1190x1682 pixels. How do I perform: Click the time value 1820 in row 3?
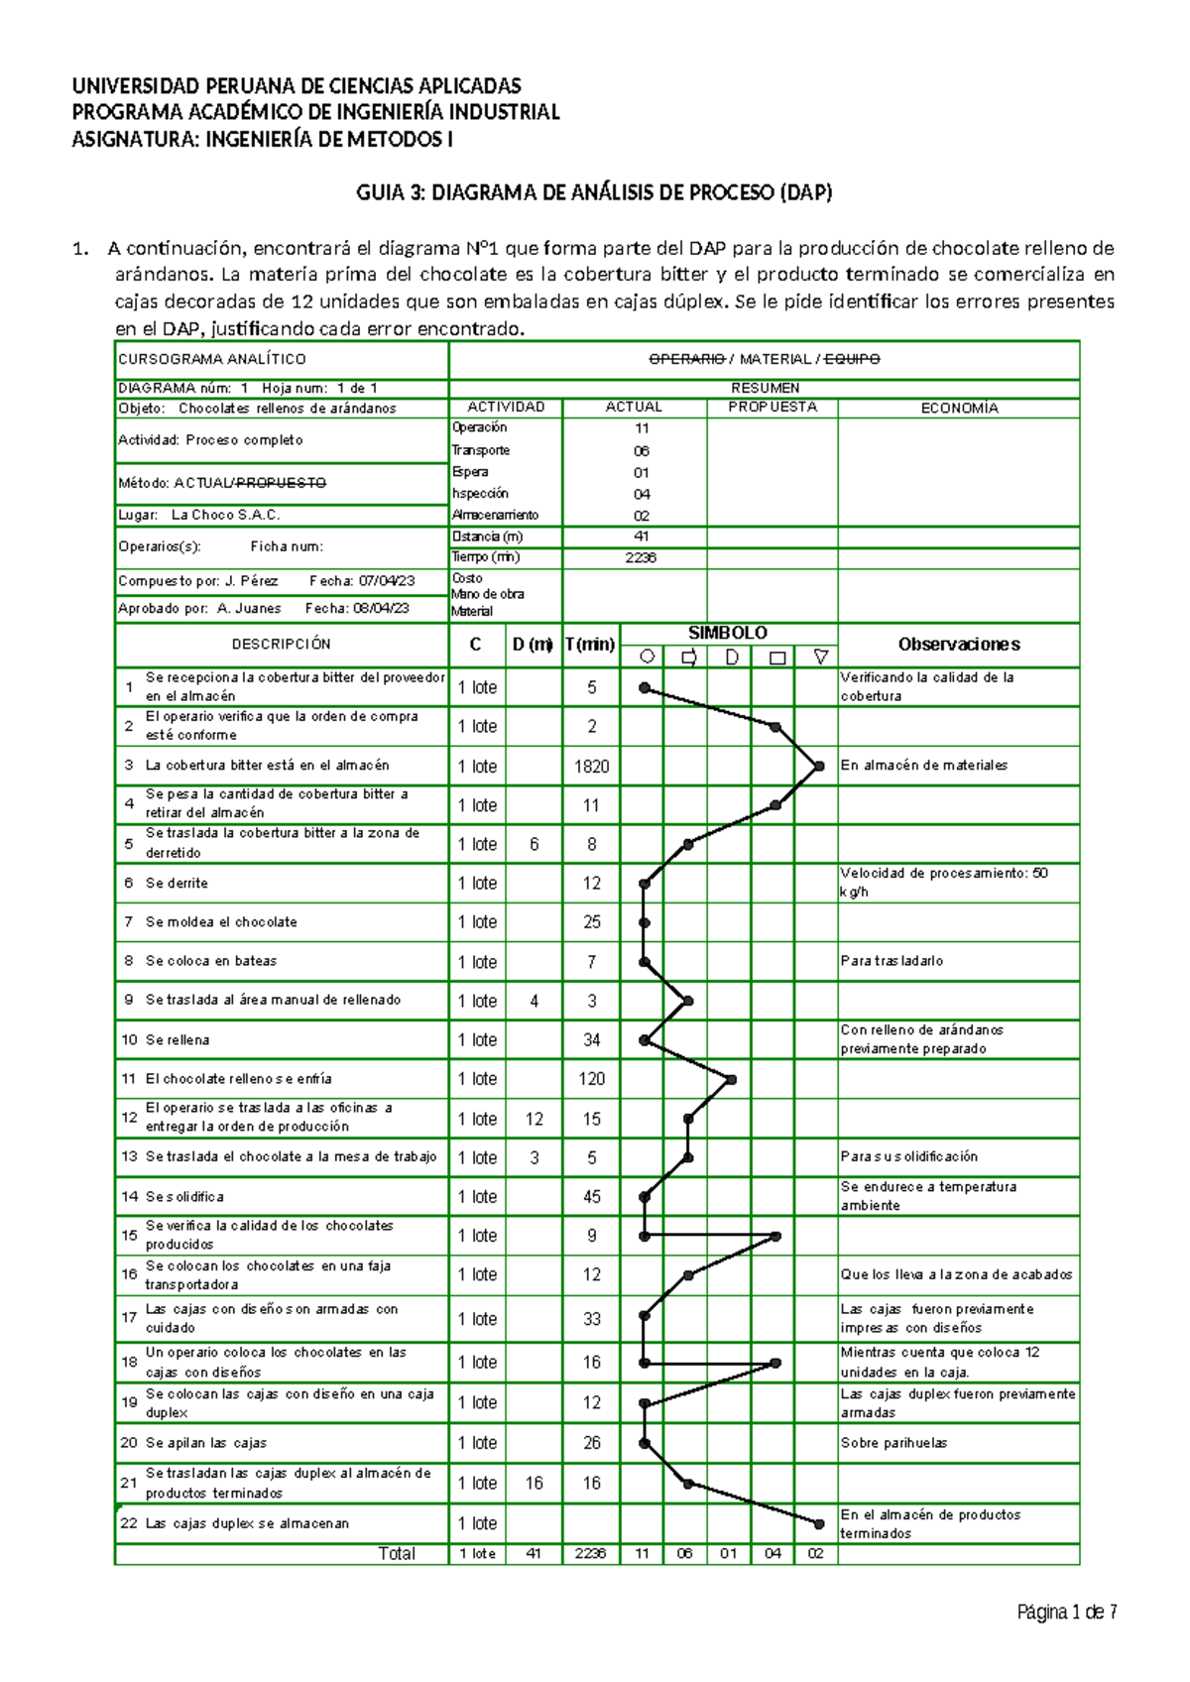click(591, 767)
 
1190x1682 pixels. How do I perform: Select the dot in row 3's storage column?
click(819, 766)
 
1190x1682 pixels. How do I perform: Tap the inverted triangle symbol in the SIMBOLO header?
click(819, 657)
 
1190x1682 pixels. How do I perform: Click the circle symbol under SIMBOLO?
click(647, 657)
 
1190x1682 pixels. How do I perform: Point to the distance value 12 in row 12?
click(534, 1119)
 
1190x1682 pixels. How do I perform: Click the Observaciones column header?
click(958, 645)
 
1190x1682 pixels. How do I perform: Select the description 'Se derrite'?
click(177, 883)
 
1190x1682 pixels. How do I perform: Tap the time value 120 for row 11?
click(591, 1079)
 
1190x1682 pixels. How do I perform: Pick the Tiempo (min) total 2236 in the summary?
click(641, 557)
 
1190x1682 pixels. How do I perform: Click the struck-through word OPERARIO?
click(686, 359)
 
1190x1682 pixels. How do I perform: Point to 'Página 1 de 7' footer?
click(1067, 1613)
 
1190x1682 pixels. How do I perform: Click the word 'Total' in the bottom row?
click(397, 1554)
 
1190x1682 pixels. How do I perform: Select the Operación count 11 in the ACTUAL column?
click(642, 428)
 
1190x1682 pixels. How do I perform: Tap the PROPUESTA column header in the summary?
click(773, 408)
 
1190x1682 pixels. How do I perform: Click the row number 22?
click(129, 1523)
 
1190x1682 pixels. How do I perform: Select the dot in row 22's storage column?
click(819, 1523)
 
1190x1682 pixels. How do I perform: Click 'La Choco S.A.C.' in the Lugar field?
click(225, 515)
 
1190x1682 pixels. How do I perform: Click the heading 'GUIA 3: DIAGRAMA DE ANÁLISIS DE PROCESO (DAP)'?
click(594, 193)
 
